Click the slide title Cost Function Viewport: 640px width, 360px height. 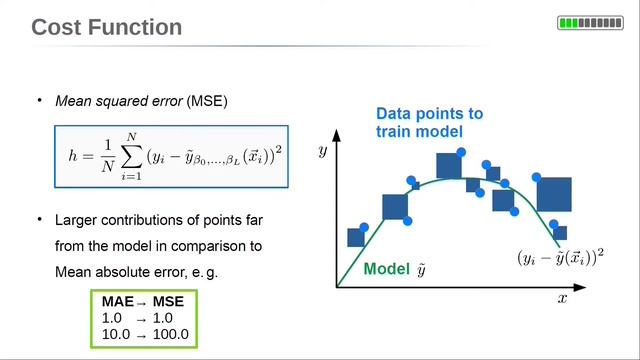pos(107,26)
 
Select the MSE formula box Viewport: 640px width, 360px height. pos(171,157)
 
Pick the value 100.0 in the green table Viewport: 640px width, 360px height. pos(169,333)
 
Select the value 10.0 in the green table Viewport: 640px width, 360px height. pos(116,333)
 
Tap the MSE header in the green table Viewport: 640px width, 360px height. pos(169,301)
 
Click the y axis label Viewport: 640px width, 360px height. pos(323,151)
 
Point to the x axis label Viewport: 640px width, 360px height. pos(562,298)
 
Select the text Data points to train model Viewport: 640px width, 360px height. pos(428,122)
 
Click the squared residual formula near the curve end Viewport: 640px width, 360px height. pos(560,256)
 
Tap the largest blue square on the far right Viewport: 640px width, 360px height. pos(553,194)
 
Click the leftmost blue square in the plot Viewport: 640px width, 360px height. pos(355,237)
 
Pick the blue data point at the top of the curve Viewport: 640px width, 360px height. pos(461,152)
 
